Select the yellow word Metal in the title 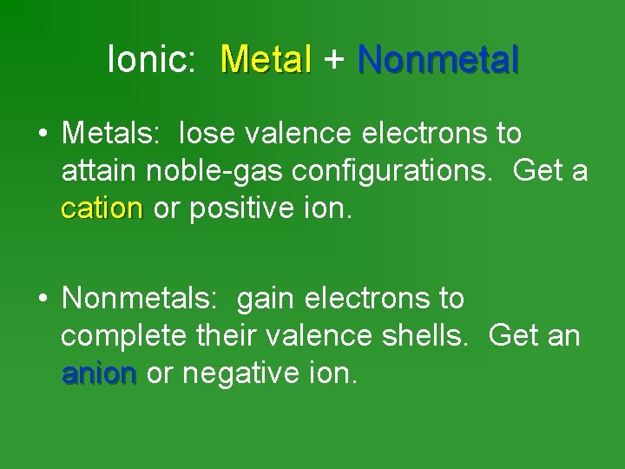coord(266,60)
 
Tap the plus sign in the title coord(334,60)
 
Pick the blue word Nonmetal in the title coord(438,60)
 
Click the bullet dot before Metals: coord(42,135)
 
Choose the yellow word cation coord(102,209)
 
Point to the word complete coord(122,337)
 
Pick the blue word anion coord(99,374)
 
